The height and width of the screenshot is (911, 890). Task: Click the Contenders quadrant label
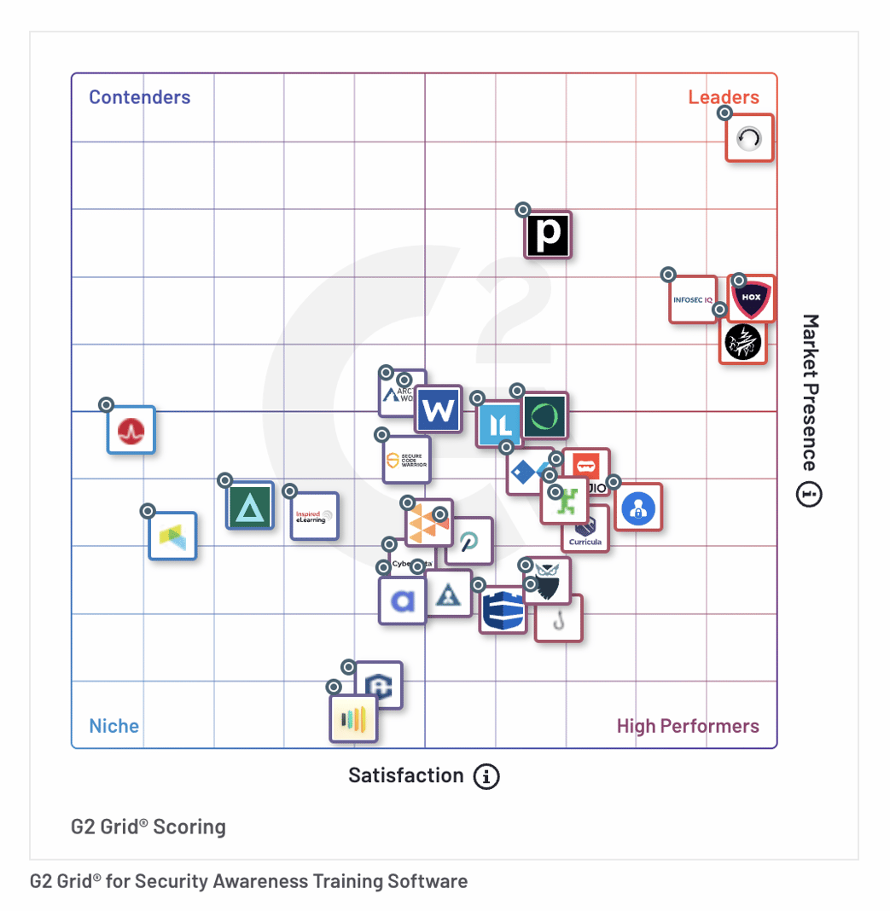coord(140,97)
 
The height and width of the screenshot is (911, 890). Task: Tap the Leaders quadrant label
coord(724,97)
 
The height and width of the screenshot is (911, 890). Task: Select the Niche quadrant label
coord(114,726)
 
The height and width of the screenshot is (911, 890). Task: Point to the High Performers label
coord(688,726)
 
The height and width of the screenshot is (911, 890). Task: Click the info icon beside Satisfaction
coord(486,776)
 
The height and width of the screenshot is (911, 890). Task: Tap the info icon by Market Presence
coord(809,494)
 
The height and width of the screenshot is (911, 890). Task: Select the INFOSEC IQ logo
coord(692,299)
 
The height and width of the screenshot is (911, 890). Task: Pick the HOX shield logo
coord(752,298)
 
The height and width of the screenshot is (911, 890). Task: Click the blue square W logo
coord(439,410)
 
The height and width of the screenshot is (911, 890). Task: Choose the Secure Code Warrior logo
coord(406,460)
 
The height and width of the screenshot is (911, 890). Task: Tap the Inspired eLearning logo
coord(314,516)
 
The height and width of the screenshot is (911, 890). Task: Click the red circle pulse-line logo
coord(131,430)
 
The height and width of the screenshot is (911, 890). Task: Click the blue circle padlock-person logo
coord(638,508)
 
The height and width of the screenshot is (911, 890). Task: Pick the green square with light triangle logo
coord(250,506)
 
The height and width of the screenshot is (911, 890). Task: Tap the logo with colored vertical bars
coord(353,719)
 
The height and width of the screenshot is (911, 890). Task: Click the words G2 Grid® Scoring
coord(148,827)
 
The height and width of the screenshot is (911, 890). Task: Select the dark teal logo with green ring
coord(544,416)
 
